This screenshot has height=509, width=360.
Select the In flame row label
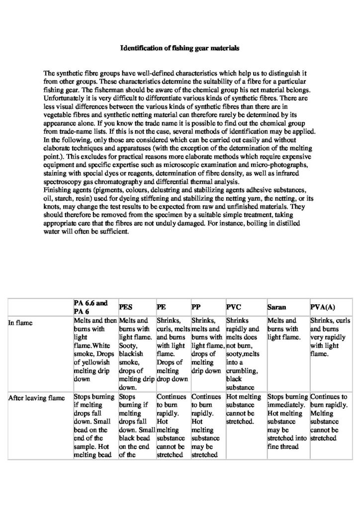point(20,322)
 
